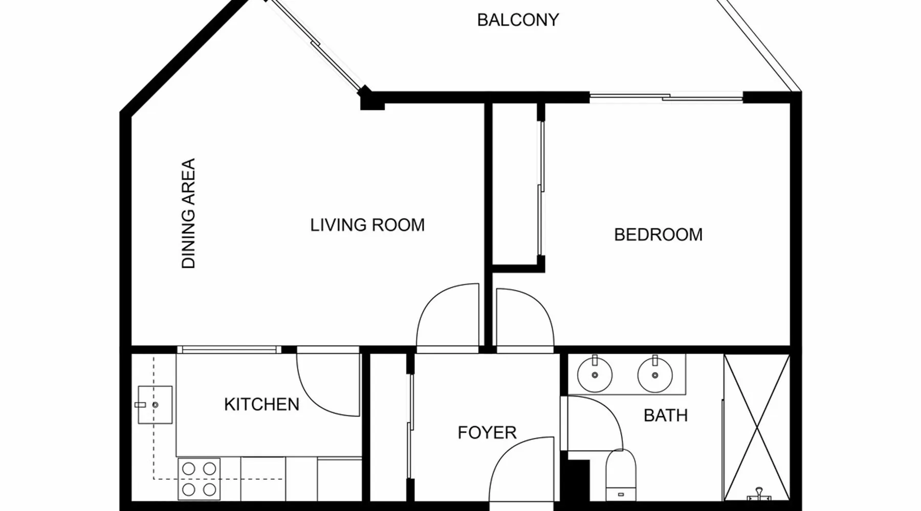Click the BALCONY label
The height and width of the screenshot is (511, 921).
(518, 20)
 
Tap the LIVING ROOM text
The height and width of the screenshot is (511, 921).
(367, 225)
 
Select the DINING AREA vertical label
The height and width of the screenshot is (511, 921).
(189, 213)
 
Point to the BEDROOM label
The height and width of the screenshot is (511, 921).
(658, 235)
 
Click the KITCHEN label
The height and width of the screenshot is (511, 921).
(261, 404)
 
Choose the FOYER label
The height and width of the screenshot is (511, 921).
(487, 433)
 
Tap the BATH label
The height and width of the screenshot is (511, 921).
(665, 415)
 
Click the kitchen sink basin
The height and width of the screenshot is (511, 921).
(155, 405)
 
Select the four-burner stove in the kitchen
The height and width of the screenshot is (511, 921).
(199, 479)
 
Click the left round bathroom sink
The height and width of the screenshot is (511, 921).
(595, 375)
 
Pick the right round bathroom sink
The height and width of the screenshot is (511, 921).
(655, 375)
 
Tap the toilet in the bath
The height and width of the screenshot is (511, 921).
(621, 475)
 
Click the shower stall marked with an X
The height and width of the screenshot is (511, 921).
(757, 428)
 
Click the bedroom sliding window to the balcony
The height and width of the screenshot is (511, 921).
(666, 97)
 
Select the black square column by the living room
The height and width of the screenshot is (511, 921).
(372, 100)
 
